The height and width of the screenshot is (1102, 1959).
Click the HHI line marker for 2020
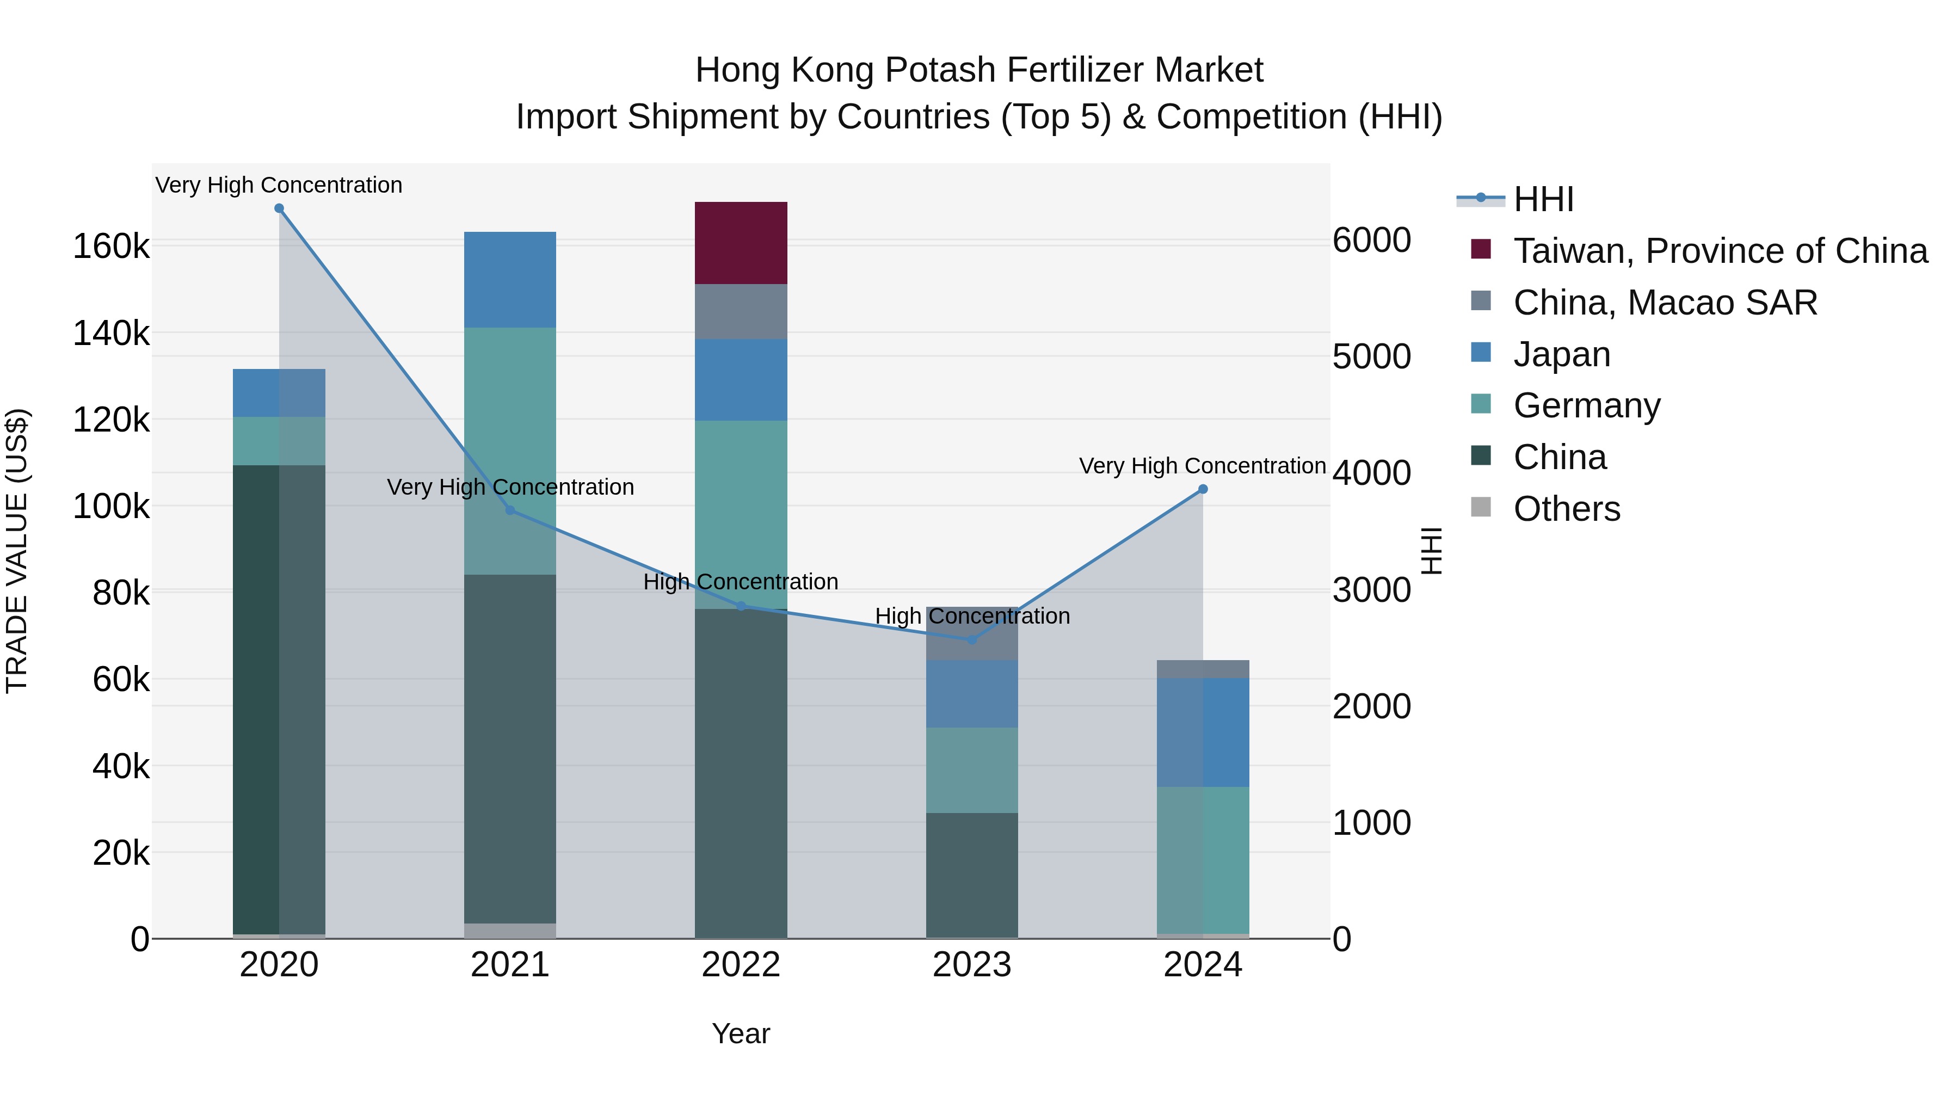(279, 208)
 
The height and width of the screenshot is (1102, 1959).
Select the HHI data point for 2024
(1202, 490)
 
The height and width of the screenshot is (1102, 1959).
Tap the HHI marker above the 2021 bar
(510, 510)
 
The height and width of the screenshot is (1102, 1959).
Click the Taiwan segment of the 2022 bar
(741, 243)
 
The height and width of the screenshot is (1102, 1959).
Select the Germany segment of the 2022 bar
(741, 514)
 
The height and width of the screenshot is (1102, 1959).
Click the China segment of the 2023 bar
(971, 875)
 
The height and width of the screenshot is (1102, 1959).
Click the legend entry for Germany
(1586, 405)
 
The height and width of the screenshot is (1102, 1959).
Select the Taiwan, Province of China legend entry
(1720, 251)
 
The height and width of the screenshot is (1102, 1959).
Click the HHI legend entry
(1543, 199)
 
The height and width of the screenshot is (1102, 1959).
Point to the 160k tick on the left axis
(111, 247)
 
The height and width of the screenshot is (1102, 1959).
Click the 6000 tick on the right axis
(1371, 241)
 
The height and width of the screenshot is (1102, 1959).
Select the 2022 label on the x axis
(741, 965)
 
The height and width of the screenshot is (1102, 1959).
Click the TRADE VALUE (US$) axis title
(17, 551)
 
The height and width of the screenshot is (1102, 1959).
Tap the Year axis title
(741, 1033)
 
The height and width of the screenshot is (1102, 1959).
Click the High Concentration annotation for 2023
(972, 616)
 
